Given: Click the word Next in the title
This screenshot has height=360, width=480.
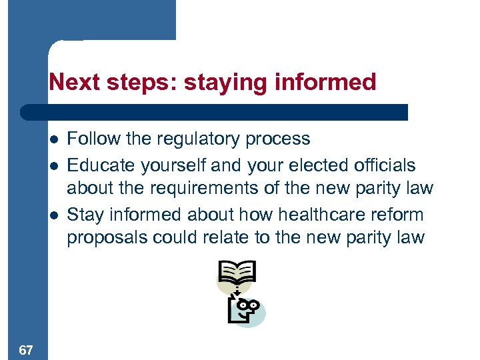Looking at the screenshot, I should (69, 83).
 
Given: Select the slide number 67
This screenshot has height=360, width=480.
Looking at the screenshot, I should (27, 349).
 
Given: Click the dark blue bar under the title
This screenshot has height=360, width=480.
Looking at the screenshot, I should (213, 112).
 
